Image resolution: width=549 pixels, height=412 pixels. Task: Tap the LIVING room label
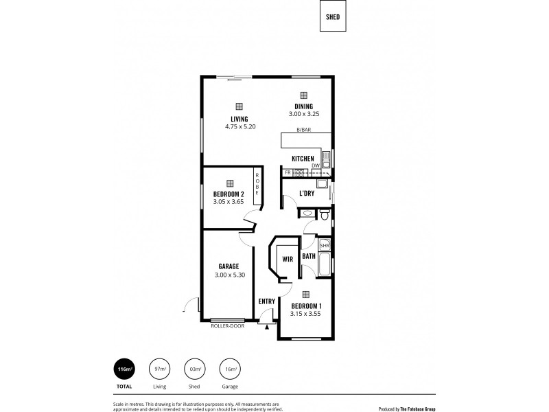[240, 119]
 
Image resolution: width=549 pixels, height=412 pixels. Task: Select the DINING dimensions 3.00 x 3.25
[303, 114]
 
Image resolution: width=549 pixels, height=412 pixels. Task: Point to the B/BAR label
[303, 130]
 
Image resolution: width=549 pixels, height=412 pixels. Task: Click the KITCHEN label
[303, 159]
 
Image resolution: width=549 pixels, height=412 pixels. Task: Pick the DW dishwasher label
[315, 165]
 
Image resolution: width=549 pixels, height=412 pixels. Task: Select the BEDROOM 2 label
[229, 194]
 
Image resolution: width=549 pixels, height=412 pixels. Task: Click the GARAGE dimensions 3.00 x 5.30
[229, 275]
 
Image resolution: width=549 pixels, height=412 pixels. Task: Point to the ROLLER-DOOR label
[227, 325]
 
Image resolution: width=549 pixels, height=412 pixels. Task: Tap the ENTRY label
[266, 301]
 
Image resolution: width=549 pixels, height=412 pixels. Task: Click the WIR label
[288, 260]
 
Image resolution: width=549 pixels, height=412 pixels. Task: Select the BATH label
[309, 257]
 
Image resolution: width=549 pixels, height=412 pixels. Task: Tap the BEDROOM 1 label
[306, 306]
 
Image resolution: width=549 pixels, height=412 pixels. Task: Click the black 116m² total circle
[125, 370]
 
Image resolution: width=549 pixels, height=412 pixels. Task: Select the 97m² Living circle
[160, 370]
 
